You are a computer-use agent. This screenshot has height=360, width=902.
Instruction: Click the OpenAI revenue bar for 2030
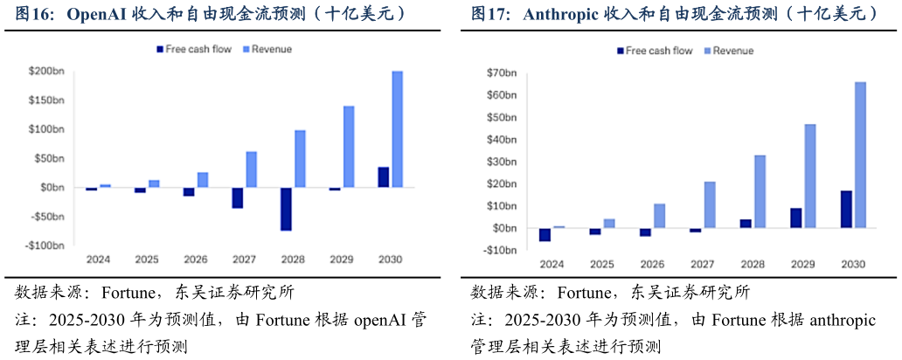pos(397,128)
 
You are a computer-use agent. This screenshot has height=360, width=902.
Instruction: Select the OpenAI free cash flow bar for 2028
pos(287,209)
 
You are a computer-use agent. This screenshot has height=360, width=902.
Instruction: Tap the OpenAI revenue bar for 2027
pos(252,170)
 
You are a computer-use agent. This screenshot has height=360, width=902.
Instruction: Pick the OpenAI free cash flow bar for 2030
pos(384,177)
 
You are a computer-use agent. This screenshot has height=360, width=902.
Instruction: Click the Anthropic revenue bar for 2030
pos(860,155)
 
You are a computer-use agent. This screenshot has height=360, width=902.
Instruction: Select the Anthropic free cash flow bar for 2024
pos(545,234)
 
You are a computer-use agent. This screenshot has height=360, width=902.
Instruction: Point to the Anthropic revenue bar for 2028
pos(760,191)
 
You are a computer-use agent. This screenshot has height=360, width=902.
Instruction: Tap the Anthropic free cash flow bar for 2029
pos(795,218)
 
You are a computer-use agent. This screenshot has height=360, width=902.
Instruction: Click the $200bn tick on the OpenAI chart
pos(46,72)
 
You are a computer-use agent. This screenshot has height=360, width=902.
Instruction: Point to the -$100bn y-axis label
pos(45,246)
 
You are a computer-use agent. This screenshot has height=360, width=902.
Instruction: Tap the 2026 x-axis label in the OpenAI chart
pos(195,260)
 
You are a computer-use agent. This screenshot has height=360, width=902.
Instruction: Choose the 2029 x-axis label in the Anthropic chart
pos(803,264)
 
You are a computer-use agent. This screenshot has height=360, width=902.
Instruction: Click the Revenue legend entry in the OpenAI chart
pos(272,49)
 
